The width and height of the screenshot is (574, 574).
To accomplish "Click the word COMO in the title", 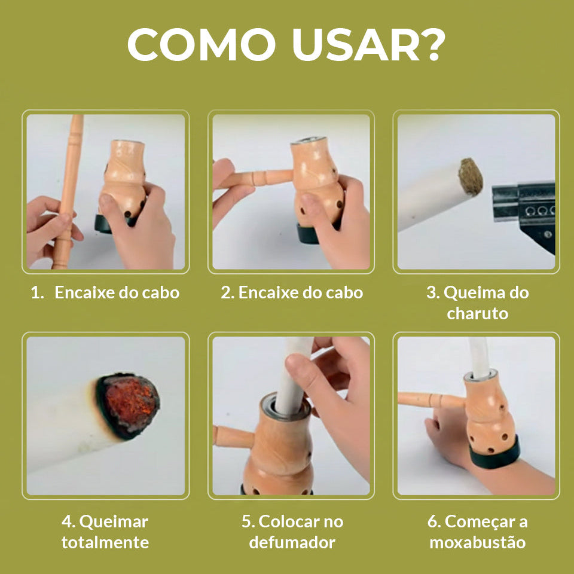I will pyautogui.click(x=201, y=44).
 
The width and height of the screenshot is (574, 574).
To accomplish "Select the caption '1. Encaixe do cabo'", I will pyautogui.click(x=105, y=292).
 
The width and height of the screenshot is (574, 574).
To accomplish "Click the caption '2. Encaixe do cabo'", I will pyautogui.click(x=291, y=292).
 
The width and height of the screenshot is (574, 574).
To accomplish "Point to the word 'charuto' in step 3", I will pyautogui.click(x=477, y=313).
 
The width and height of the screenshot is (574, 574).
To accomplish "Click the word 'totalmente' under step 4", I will pyautogui.click(x=105, y=542).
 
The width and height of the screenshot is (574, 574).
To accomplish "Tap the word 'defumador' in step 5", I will pyautogui.click(x=292, y=542).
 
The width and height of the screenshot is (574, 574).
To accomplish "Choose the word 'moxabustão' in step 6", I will pyautogui.click(x=477, y=542).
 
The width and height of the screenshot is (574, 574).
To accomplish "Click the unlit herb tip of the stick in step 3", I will pyautogui.click(x=471, y=177).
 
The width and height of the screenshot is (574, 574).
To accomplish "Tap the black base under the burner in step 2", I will pyautogui.click(x=309, y=233).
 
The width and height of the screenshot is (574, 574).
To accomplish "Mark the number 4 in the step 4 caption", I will pyautogui.click(x=66, y=522).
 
